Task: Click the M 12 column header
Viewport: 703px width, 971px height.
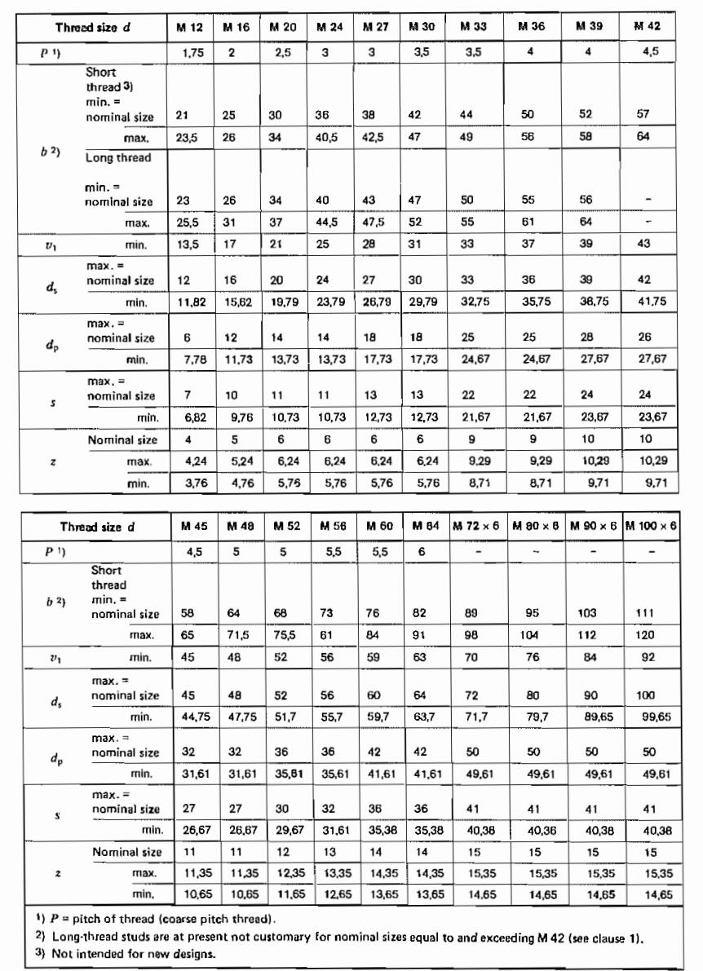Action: tap(190, 28)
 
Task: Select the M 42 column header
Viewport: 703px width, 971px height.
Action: tap(648, 28)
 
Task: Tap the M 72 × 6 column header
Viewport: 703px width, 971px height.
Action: tap(476, 527)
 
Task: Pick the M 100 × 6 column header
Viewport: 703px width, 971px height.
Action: tap(650, 527)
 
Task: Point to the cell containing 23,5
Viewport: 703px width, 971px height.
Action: tap(188, 138)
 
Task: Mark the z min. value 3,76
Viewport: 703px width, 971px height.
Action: tap(188, 483)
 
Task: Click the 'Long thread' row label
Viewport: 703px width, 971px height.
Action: tap(117, 158)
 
